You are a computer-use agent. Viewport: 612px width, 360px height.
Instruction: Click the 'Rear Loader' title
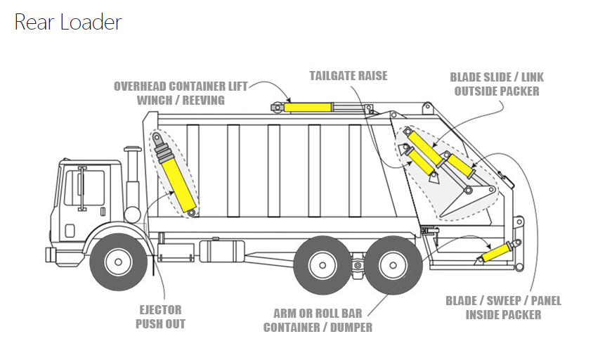point(67,22)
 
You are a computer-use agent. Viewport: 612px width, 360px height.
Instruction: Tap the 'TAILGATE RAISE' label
point(348,75)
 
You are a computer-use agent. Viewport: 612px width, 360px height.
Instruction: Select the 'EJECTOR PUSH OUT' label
point(160,316)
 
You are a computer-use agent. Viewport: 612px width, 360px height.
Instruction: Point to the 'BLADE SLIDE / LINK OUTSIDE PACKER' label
point(497,84)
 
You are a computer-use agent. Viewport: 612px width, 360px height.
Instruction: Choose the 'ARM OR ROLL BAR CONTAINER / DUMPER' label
point(318,320)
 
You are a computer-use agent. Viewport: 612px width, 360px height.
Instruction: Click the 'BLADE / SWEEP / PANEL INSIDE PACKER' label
point(503,308)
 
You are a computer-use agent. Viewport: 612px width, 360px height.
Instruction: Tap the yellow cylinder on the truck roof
point(307,107)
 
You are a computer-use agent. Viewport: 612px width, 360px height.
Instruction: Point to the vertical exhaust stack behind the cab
point(132,179)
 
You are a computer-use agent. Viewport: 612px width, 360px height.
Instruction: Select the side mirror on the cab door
point(82,188)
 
